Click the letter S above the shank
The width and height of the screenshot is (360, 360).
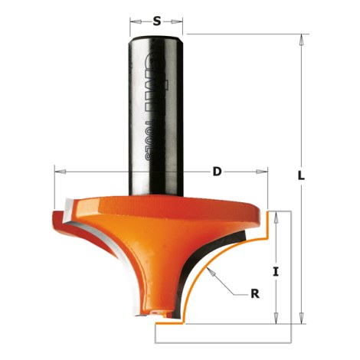click(157, 21)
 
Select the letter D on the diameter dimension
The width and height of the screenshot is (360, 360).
click(217, 172)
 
